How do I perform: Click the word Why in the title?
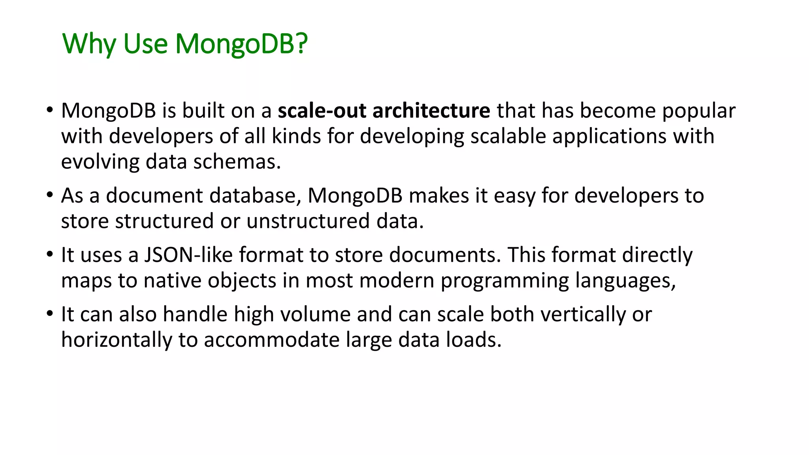coord(89,44)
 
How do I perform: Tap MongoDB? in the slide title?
coord(241,44)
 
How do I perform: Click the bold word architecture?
coord(431,111)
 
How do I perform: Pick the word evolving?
coord(100,162)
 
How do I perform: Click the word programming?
coord(505,281)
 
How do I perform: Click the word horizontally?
coord(117,340)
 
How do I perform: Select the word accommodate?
coord(271,340)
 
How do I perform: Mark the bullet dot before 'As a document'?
coord(49,195)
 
